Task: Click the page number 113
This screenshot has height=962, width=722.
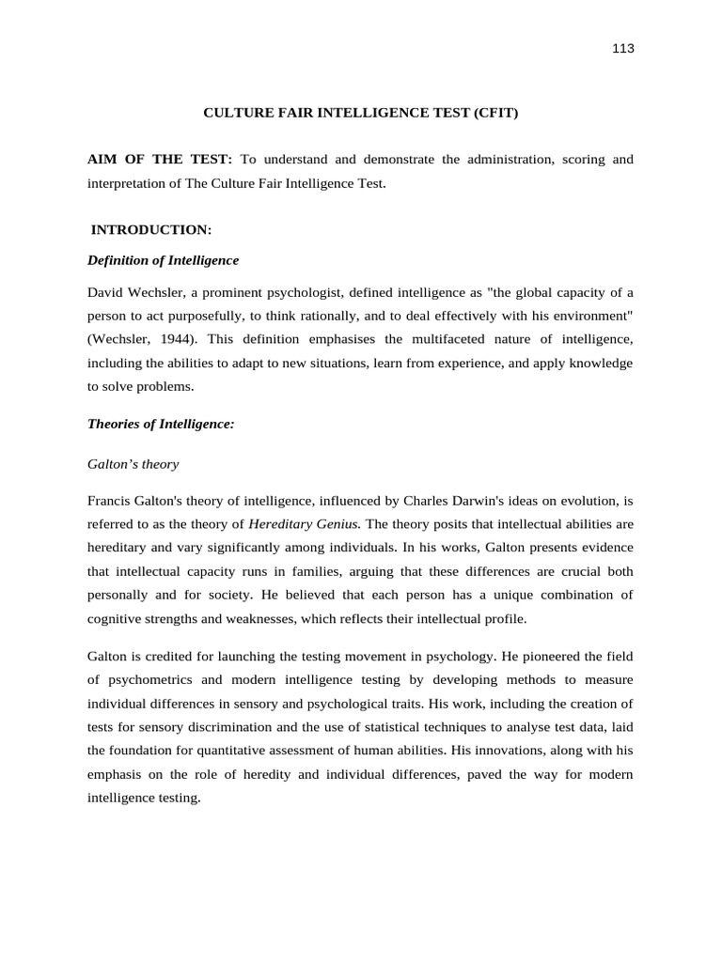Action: pyautogui.click(x=623, y=49)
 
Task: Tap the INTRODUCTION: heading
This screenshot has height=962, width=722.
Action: pyautogui.click(x=151, y=229)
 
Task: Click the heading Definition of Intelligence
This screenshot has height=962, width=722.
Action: pyautogui.click(x=163, y=260)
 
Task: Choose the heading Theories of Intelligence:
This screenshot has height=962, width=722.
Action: pyautogui.click(x=160, y=424)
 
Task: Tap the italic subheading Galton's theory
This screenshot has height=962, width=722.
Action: pyautogui.click(x=133, y=464)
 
